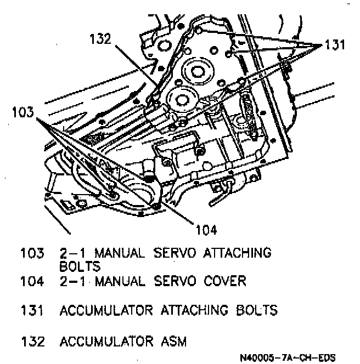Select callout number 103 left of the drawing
tap(22, 113)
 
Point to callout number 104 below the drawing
tap(205, 229)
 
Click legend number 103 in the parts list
tap(31, 253)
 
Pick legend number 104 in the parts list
tap(31, 282)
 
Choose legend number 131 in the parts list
tap(31, 311)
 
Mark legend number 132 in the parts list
tap(31, 342)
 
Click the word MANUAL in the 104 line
tap(120, 282)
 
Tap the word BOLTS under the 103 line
tap(80, 267)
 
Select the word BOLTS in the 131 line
tap(257, 311)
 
